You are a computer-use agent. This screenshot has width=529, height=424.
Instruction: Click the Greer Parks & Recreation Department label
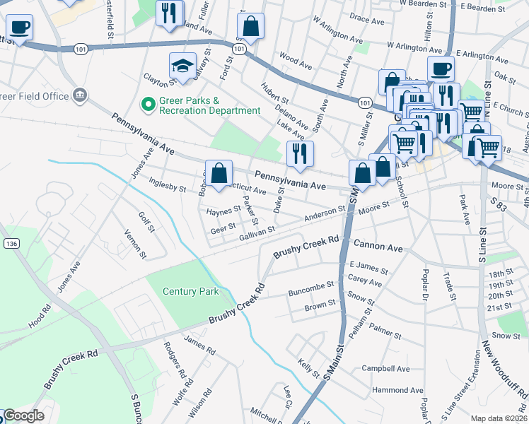point(209,105)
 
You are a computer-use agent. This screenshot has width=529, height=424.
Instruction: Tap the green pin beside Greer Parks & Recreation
point(149,105)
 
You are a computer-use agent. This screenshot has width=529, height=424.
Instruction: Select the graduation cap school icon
point(182,67)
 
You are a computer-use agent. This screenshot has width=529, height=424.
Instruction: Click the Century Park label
point(190,291)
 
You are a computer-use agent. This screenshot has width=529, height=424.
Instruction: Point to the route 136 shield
point(11,243)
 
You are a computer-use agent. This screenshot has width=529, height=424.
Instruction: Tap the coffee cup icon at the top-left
point(20,28)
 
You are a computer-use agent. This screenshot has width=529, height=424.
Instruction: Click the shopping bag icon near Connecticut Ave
point(219,172)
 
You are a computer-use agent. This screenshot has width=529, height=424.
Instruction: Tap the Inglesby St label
point(168,184)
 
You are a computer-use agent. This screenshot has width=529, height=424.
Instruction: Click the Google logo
point(23,416)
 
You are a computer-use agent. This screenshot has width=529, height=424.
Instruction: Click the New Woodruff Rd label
point(504,368)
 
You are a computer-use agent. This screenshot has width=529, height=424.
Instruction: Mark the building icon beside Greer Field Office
point(79,95)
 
